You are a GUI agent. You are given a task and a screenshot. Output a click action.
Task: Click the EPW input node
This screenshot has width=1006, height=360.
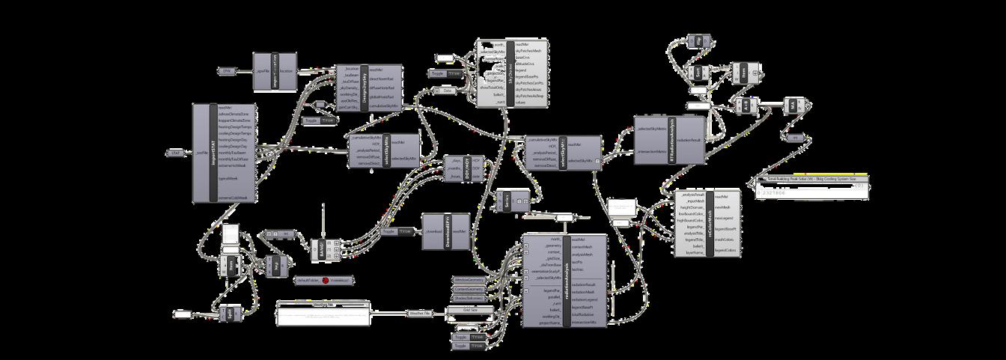[228, 71]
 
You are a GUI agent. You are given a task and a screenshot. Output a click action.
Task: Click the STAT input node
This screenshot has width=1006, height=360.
[174, 153]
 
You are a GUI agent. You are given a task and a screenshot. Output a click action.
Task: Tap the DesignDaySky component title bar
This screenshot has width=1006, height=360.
[363, 88]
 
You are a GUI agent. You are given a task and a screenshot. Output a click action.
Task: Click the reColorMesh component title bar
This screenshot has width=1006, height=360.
[707, 222]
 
